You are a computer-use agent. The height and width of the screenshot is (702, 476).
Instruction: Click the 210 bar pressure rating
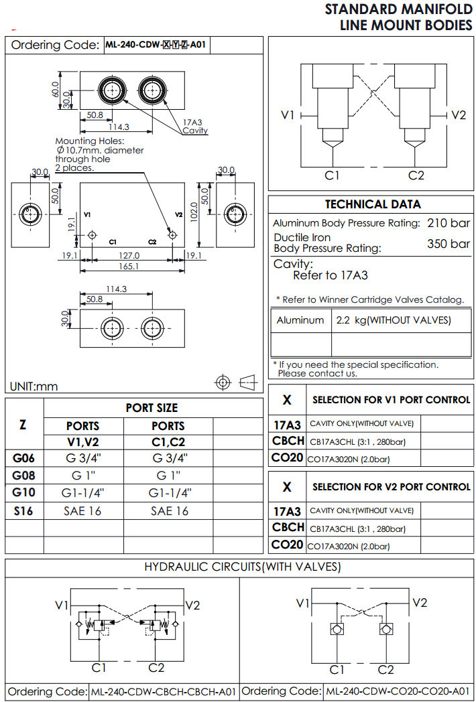coord(449,223)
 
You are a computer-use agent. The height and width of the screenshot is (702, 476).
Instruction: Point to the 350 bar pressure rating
coord(449,244)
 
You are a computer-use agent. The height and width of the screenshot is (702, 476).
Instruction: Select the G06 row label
coord(24,459)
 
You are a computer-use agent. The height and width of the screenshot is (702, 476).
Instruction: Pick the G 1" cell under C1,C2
coord(168,476)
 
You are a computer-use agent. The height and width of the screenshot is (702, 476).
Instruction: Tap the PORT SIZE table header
coord(152,408)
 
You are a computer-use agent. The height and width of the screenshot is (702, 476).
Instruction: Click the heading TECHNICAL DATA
coord(372,204)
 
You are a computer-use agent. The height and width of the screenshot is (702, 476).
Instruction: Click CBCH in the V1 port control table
coord(288,441)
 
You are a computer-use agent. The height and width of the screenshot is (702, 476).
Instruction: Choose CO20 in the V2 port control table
coord(288,545)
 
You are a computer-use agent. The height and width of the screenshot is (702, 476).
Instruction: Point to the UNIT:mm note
coord(34,387)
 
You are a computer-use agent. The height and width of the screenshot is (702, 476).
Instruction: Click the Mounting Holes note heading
coord(90,141)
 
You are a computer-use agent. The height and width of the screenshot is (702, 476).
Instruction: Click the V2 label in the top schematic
coord(458,115)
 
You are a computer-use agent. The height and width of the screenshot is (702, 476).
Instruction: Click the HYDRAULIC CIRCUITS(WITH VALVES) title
coord(243,567)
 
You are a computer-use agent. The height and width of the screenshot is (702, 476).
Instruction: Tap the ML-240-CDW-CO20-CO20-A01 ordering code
coord(398,691)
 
